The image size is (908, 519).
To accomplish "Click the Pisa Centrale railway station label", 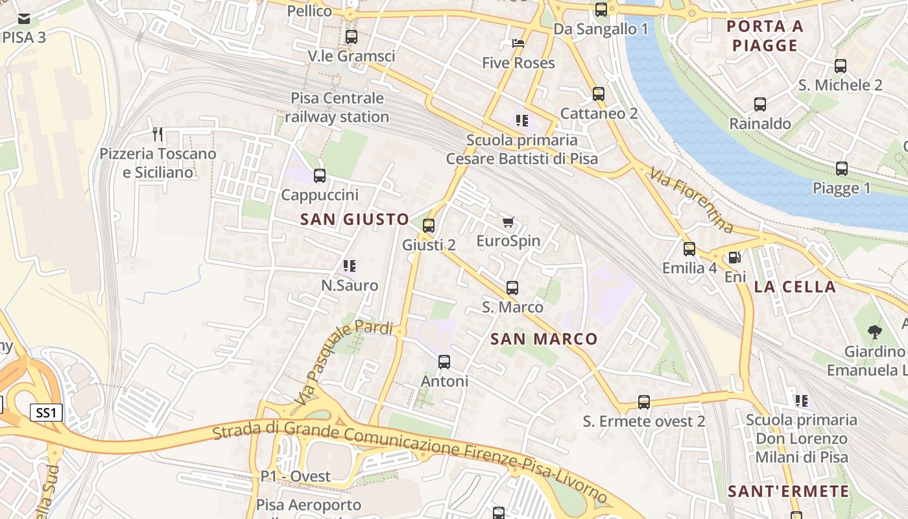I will [x=337, y=108].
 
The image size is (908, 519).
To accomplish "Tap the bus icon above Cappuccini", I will [x=319, y=176].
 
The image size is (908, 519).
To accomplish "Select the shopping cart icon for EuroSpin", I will [x=508, y=223].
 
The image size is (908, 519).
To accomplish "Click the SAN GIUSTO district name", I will [x=354, y=219].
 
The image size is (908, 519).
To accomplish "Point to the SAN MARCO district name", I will [x=544, y=339].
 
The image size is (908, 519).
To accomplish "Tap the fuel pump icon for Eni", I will [x=734, y=258].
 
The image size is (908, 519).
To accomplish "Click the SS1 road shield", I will [x=46, y=413].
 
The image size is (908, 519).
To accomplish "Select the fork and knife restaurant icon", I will [x=157, y=134].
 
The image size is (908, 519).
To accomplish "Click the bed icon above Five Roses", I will [x=518, y=43].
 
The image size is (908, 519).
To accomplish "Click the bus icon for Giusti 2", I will [x=428, y=226].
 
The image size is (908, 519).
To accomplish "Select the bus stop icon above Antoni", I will [x=444, y=362].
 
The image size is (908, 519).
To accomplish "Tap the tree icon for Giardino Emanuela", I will [x=874, y=332].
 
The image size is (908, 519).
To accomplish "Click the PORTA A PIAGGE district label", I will [x=765, y=36].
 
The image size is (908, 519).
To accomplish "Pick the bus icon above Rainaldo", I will [x=759, y=104].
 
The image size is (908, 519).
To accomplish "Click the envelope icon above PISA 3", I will [x=24, y=18].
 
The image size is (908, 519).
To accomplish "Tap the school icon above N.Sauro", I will [x=350, y=266].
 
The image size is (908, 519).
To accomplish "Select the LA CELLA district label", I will [x=794, y=287].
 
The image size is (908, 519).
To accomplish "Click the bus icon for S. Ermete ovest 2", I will [x=643, y=402].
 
